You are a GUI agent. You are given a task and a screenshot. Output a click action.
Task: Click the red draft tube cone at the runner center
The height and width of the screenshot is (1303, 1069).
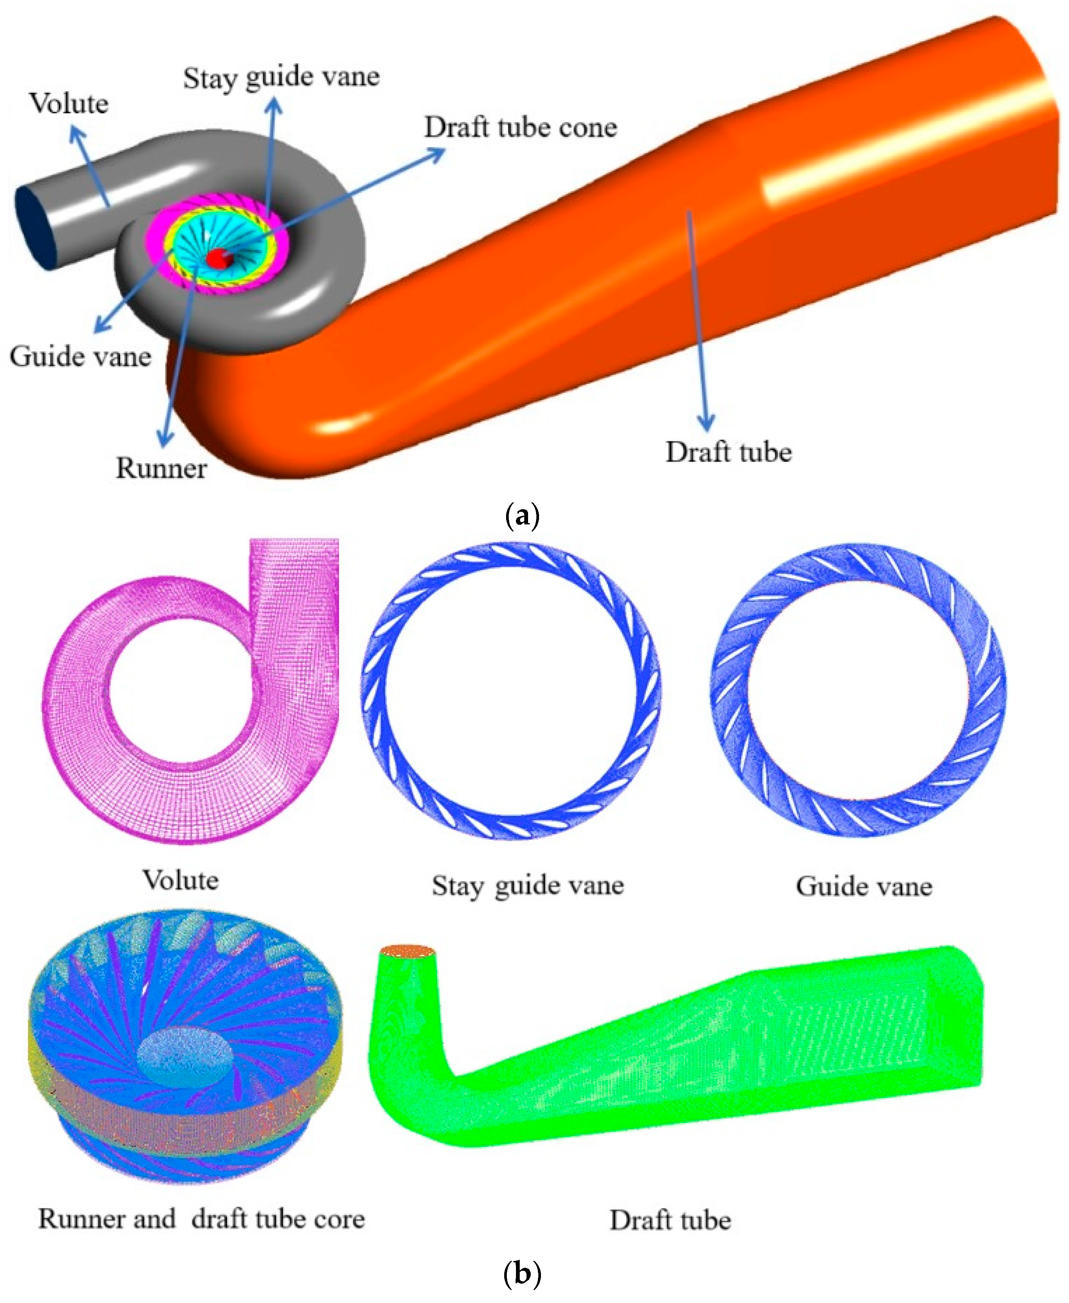[218, 258]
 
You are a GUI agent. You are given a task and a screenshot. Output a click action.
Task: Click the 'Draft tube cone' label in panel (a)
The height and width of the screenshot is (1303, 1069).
[520, 127]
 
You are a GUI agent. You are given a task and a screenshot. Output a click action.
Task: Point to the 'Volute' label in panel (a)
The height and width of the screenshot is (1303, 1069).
[69, 103]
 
